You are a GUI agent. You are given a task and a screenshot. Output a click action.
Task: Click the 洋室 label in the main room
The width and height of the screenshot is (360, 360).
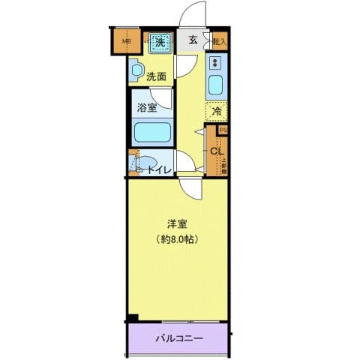pyautogui.click(x=177, y=223)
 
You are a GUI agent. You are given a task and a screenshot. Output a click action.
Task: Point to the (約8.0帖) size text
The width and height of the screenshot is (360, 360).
pyautogui.click(x=177, y=239)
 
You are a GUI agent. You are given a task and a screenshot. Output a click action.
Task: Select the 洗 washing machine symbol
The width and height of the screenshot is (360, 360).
pyautogui.click(x=159, y=42)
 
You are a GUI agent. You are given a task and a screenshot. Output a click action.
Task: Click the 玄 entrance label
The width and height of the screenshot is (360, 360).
pyautogui.click(x=193, y=40)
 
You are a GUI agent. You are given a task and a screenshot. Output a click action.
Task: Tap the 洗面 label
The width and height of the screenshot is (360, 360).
pyautogui.click(x=156, y=76)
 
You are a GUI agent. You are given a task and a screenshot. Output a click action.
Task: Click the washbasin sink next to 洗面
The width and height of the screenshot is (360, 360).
pyautogui.click(x=136, y=72)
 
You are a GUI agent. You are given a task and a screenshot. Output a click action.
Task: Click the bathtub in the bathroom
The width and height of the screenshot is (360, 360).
pyautogui.click(x=152, y=133)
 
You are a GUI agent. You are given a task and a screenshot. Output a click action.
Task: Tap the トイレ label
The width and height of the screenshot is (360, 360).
pyautogui.click(x=159, y=170)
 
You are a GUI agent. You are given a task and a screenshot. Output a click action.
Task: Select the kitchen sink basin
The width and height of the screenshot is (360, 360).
pyautogui.click(x=216, y=84)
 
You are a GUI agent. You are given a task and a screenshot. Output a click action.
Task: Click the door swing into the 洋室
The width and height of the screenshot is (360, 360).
pyautogui.click(x=190, y=187)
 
